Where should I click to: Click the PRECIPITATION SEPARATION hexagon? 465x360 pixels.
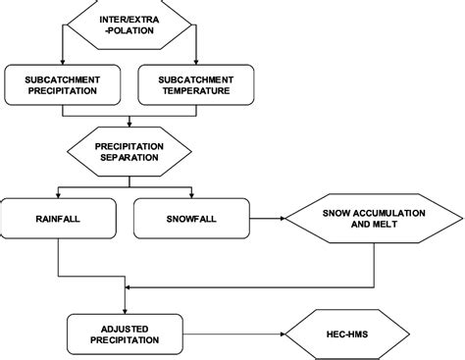coord(129,152)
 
